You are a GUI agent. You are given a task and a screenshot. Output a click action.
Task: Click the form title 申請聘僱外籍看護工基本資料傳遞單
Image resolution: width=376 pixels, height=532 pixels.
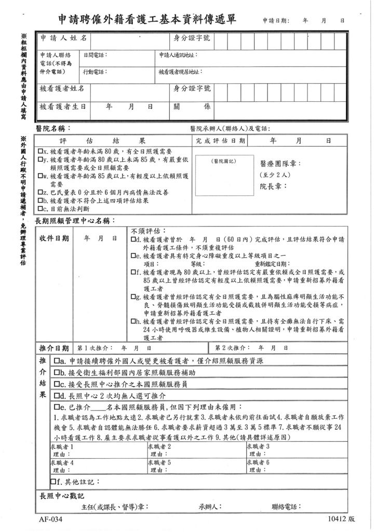click(x=147, y=20)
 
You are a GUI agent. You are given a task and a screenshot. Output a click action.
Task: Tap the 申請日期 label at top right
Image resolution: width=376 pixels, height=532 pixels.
click(x=275, y=21)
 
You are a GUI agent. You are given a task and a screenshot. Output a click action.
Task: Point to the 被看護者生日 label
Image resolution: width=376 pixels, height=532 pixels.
click(x=62, y=106)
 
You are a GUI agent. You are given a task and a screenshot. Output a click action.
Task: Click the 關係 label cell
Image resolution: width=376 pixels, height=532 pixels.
click(x=192, y=106)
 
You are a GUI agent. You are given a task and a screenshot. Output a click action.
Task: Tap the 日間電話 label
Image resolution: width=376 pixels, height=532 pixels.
click(x=94, y=55)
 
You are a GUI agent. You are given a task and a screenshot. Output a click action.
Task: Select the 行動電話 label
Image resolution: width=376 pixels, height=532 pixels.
click(x=94, y=71)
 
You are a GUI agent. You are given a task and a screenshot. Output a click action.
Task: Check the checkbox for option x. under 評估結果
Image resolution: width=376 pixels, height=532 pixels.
click(x=39, y=151)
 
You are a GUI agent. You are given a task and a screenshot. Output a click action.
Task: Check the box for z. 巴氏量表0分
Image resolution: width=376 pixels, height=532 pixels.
click(x=39, y=192)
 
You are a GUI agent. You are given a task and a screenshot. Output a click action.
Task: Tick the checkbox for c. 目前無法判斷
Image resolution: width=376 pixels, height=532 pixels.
click(x=39, y=208)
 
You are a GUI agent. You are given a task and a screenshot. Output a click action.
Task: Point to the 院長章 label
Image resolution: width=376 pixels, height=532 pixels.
click(x=271, y=185)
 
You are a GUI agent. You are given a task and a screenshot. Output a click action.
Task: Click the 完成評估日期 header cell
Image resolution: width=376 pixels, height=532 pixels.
click(x=221, y=141)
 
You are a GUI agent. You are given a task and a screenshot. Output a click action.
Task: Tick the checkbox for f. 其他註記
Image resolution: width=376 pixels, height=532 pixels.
click(x=53, y=482)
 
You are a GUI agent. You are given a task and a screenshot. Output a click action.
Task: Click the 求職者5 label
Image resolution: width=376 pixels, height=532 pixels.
click(x=160, y=462)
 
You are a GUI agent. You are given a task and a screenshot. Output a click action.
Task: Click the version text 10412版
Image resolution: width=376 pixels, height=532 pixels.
click(x=341, y=518)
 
